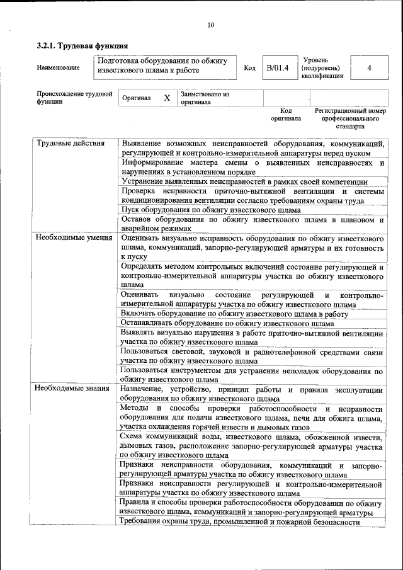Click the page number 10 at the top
210,25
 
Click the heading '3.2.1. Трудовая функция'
82,46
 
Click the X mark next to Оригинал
167,98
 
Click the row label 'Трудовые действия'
70,143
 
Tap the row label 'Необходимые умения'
74,238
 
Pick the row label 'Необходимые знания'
73,388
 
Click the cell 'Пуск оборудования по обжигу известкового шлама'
211,210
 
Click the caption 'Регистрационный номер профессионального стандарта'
350,118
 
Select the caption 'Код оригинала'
286,114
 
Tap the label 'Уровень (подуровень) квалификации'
323,67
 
